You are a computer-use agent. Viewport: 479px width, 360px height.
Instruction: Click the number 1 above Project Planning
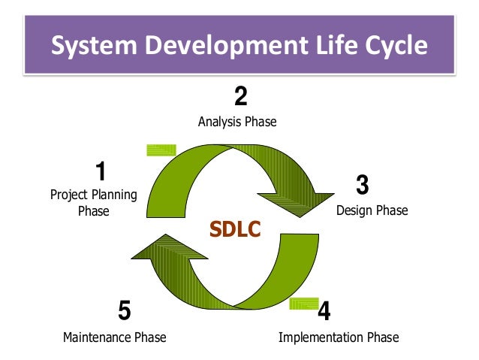pyautogui.click(x=101, y=171)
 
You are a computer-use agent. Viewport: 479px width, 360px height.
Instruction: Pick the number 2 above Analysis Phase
pyautogui.click(x=239, y=97)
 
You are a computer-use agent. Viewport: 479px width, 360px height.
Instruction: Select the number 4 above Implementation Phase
pyautogui.click(x=324, y=310)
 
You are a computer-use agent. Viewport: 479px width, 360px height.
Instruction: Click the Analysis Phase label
pyautogui.click(x=237, y=121)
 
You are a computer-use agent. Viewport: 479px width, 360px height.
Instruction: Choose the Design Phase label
pyautogui.click(x=372, y=210)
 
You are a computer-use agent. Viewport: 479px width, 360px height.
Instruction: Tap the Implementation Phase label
pyautogui.click(x=339, y=337)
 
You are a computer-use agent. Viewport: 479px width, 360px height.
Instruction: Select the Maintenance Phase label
pyautogui.click(x=114, y=337)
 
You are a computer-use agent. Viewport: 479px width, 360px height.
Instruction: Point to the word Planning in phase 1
pyautogui.click(x=114, y=195)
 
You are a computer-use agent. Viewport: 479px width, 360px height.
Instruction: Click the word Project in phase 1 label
pyautogui.click(x=69, y=195)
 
